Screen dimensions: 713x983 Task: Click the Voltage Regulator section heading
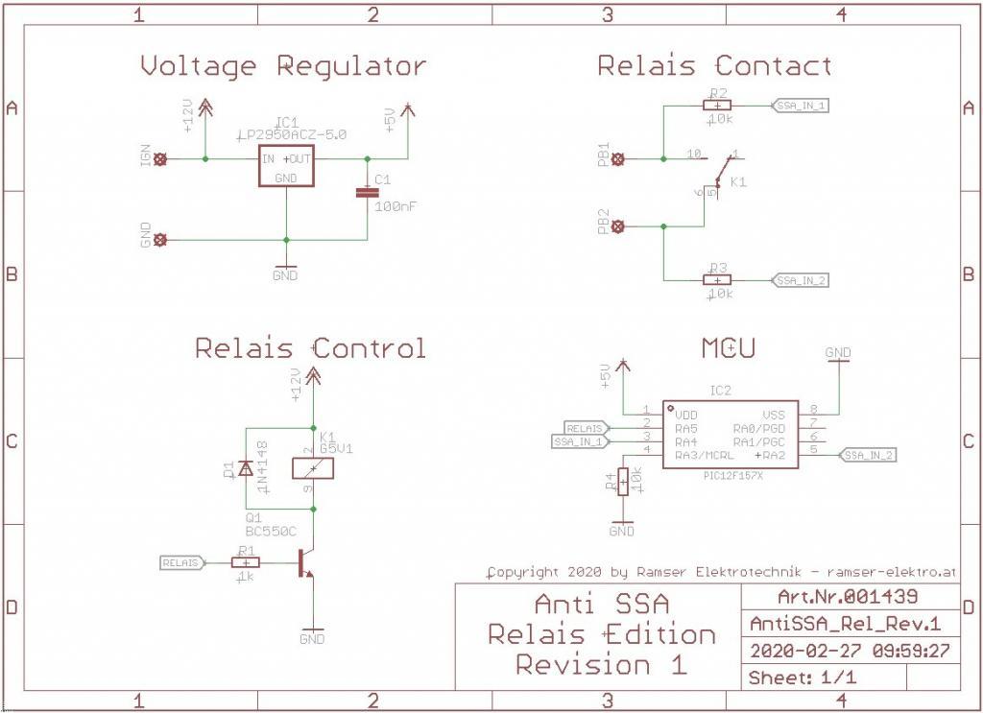(x=283, y=66)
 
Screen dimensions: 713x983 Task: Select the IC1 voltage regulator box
(x=286, y=166)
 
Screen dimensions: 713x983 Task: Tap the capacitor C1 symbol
(x=367, y=193)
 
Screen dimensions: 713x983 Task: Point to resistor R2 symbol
(x=717, y=105)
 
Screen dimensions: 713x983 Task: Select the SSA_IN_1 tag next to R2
(x=801, y=105)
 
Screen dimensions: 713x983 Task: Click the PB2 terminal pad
(x=617, y=226)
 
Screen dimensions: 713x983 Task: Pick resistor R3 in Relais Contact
(x=717, y=279)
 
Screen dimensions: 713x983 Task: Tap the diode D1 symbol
(x=245, y=469)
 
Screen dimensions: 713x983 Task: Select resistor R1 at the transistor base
(x=246, y=562)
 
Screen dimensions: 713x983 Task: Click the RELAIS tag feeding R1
(x=181, y=562)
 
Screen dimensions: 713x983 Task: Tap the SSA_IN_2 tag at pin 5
(x=868, y=455)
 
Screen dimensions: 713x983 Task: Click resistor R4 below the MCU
(x=623, y=481)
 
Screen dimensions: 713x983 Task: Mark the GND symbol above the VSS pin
(x=838, y=354)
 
